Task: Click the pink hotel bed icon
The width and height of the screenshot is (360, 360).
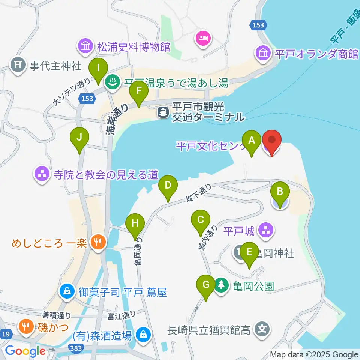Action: [204, 38]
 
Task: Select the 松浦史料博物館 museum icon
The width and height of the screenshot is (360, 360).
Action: [85, 46]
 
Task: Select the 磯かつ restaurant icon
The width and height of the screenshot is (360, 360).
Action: [26, 326]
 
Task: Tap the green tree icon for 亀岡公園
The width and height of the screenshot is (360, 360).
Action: [222, 285]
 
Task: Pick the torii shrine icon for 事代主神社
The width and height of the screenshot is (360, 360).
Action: [18, 66]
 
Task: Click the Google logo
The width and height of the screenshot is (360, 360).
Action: [25, 351]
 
